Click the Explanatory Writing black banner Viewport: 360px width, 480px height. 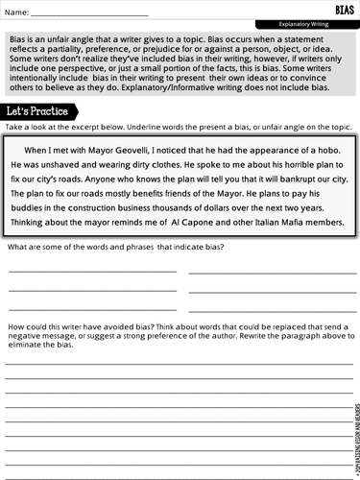click(306, 23)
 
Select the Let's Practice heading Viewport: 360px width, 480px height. click(36, 111)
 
